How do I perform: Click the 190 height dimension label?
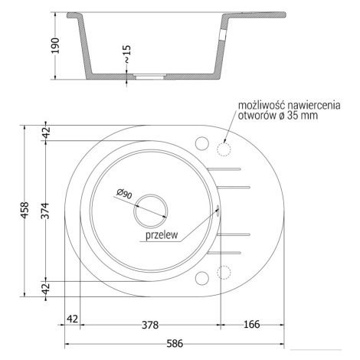tap(55, 45)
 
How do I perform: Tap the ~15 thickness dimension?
tap(127, 54)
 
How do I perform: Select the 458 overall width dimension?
tap(25, 210)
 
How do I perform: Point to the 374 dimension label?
tap(45, 211)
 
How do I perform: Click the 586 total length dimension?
tap(175, 344)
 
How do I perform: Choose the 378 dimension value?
tap(150, 325)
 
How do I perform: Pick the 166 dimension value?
tap(252, 324)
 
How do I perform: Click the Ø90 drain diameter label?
tap(124, 194)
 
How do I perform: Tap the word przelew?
tap(162, 235)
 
